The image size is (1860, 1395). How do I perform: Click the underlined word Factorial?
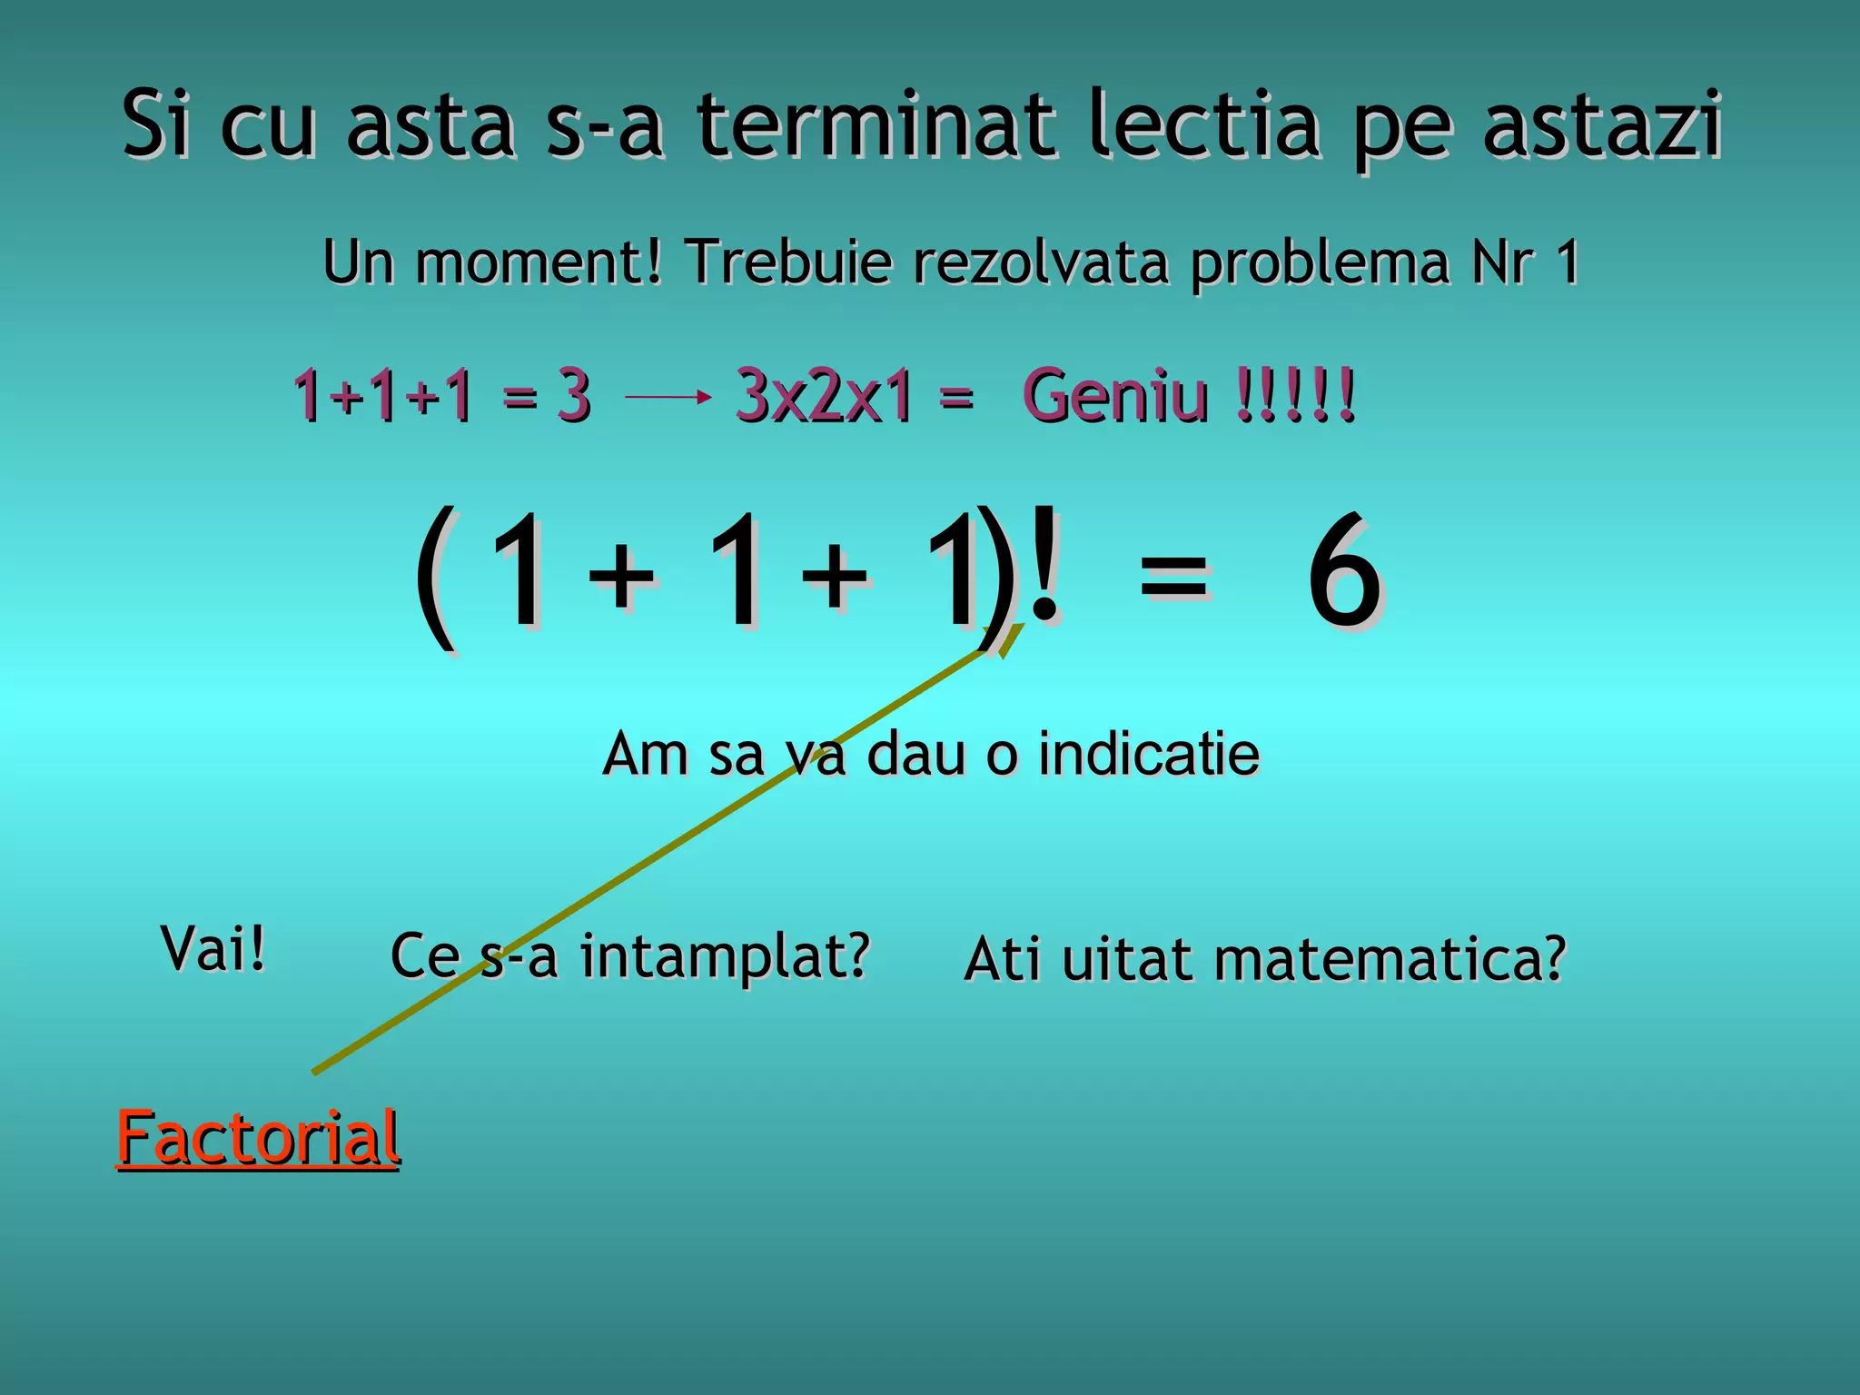click(258, 1137)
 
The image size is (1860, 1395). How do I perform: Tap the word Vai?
click(213, 948)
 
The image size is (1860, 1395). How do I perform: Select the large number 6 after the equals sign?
click(1344, 572)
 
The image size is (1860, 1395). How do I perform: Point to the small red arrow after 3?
click(668, 396)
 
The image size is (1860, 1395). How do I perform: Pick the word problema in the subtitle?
click(1321, 263)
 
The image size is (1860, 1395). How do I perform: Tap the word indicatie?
click(1148, 754)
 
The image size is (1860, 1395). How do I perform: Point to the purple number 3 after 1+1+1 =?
click(574, 396)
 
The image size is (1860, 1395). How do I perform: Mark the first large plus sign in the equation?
click(621, 574)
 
